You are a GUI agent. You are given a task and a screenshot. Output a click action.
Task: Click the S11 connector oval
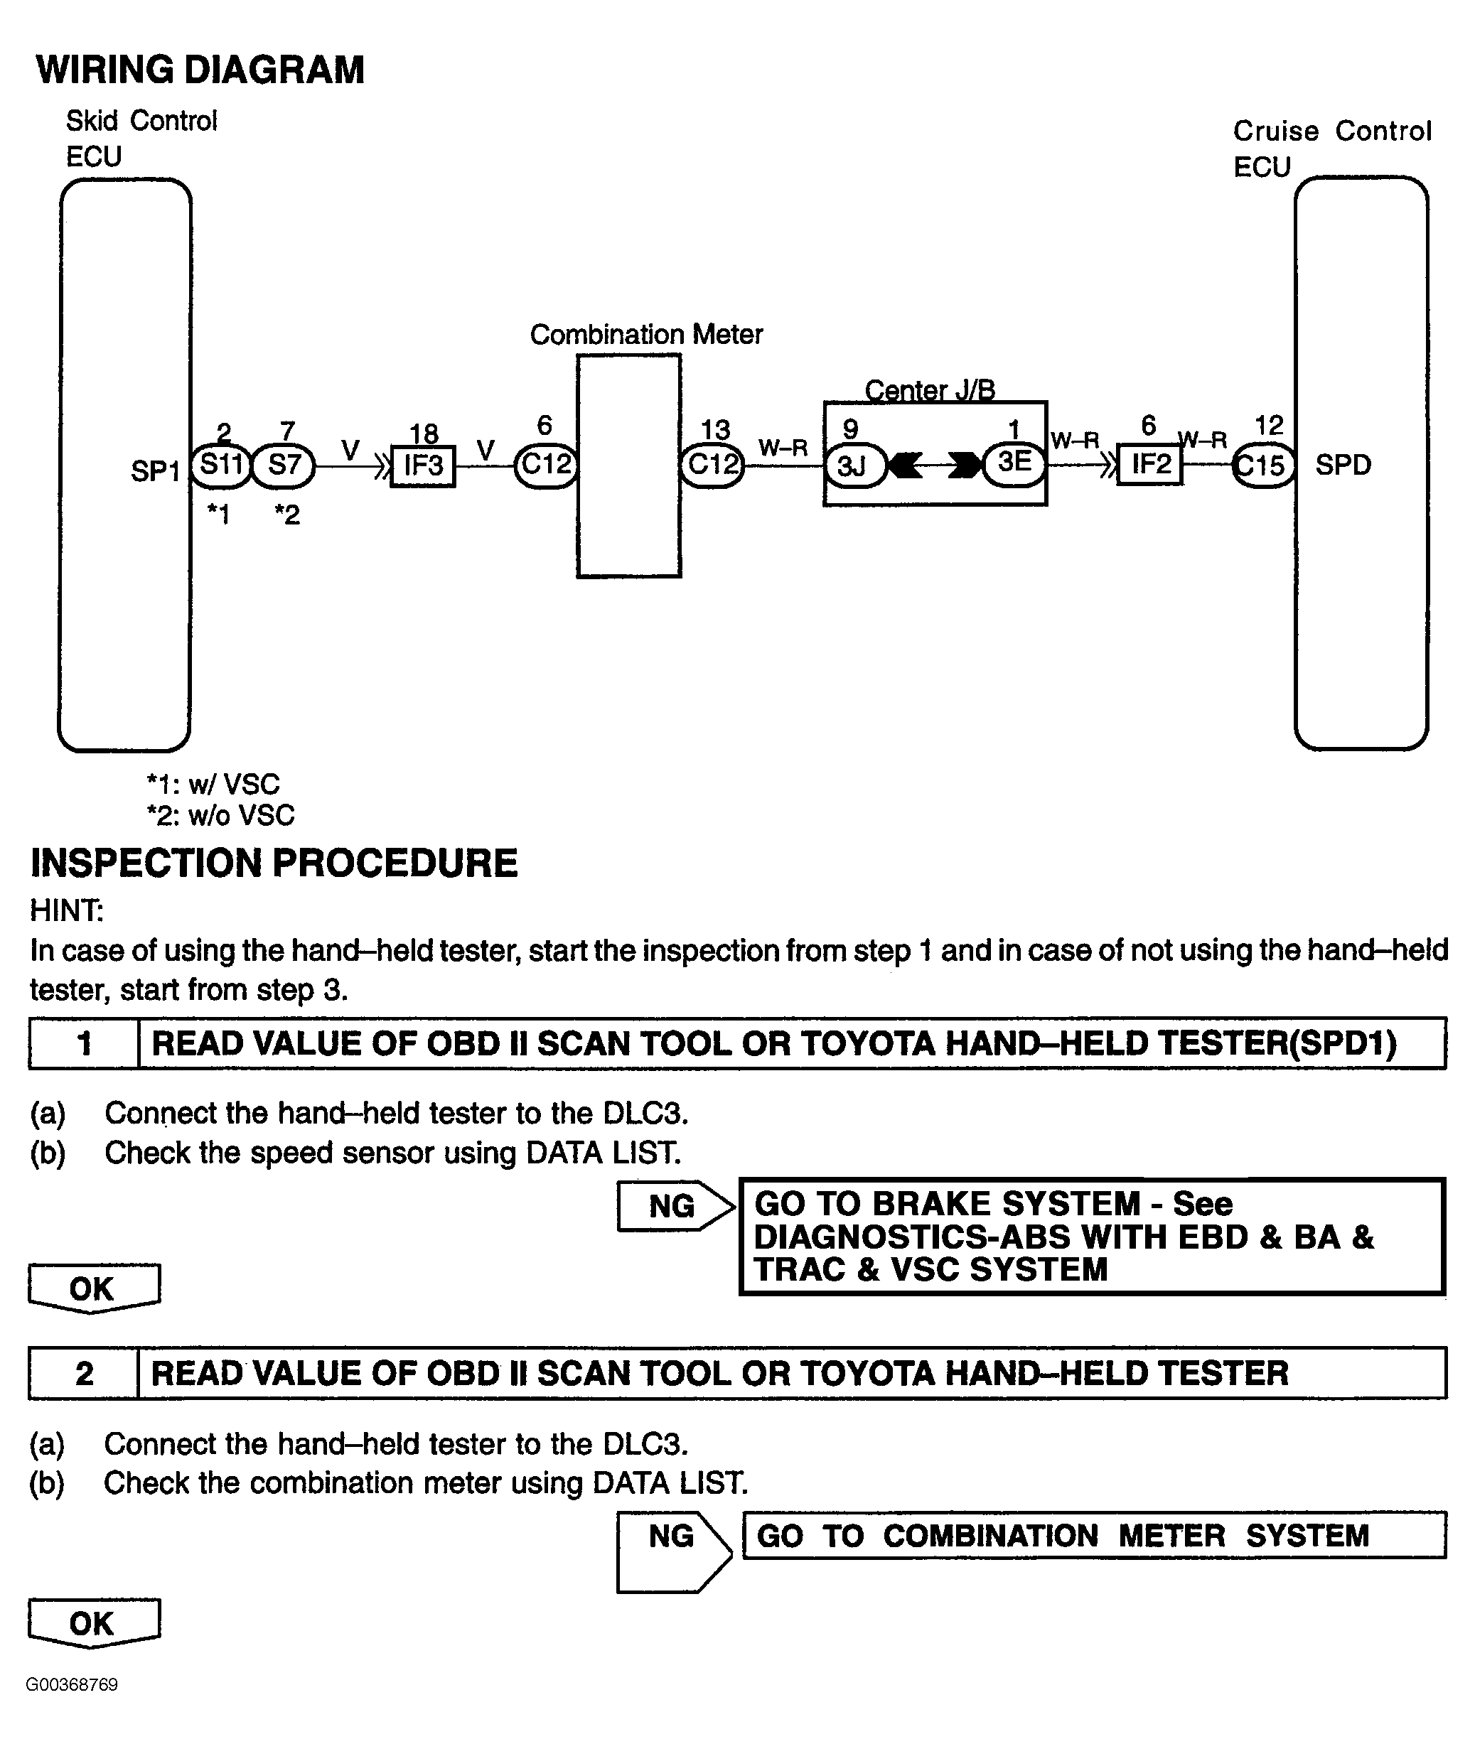[x=221, y=465]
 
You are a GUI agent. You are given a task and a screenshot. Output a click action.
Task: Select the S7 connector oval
[x=284, y=465]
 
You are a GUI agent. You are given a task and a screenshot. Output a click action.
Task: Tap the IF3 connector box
[x=423, y=465]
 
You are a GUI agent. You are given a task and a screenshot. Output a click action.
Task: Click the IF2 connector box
[x=1149, y=464]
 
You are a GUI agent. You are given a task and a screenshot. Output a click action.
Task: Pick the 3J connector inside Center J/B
[x=854, y=465]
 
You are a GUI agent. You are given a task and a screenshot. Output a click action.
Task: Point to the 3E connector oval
[x=1014, y=463]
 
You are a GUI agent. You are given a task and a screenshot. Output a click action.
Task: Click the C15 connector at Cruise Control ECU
[x=1263, y=465]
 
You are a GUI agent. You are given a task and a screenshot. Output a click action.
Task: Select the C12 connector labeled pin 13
[x=712, y=464]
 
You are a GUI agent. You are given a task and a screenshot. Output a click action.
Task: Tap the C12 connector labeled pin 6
[x=545, y=464]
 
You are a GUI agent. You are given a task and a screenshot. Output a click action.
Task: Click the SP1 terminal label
[x=156, y=471]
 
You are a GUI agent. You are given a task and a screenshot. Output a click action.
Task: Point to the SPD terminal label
[x=1343, y=465]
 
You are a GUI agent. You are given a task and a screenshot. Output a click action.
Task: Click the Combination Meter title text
[x=646, y=335]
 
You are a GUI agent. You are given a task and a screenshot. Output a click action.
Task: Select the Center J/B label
[x=930, y=389]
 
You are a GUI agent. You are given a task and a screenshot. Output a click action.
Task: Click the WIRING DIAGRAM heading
[x=200, y=70]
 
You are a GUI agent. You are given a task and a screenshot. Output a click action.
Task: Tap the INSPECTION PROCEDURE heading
[x=274, y=863]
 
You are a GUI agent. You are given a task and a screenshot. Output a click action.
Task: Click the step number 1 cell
[x=84, y=1043]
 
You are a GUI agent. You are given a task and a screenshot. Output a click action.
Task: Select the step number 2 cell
[x=84, y=1374]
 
